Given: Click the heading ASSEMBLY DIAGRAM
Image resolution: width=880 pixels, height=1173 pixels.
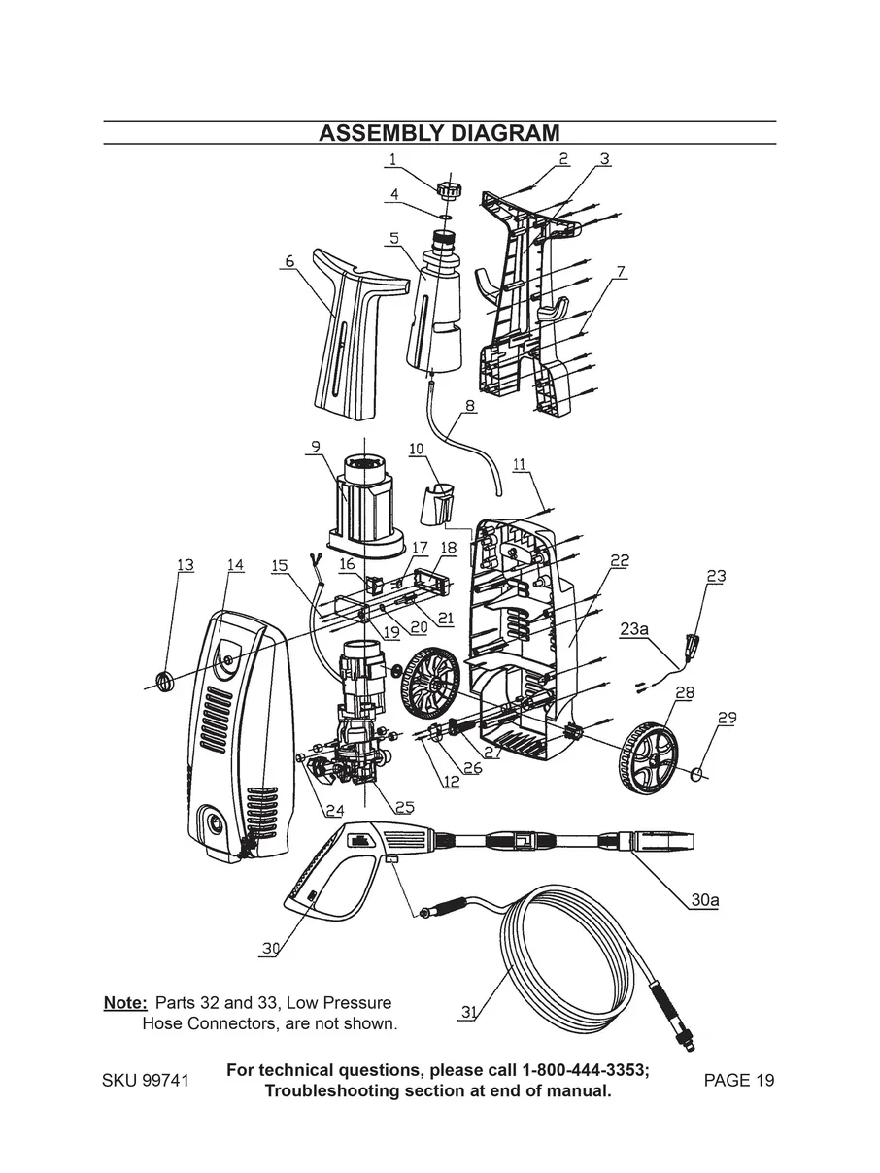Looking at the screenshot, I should point(439,133).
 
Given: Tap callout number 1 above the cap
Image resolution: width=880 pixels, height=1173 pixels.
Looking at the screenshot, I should point(392,157).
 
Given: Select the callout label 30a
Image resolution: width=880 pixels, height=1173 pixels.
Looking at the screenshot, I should point(705,900).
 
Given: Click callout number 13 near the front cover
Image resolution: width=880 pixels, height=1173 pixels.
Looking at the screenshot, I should point(185,565).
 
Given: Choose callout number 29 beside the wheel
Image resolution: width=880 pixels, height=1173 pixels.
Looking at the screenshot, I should point(727,718).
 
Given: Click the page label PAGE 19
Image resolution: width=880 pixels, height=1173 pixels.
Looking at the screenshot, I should point(739,1081).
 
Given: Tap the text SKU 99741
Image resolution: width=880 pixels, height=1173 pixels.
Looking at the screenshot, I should point(145,1081).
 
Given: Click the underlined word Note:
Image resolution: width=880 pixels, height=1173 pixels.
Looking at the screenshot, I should point(125,1003).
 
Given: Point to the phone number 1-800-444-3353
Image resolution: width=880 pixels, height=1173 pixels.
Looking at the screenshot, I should point(586,1070).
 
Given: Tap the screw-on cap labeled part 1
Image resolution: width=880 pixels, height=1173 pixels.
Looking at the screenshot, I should point(449,187).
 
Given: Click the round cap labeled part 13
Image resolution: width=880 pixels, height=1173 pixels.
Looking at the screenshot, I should point(163,679).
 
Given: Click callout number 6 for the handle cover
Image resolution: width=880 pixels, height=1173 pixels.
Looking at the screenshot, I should point(288,262).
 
